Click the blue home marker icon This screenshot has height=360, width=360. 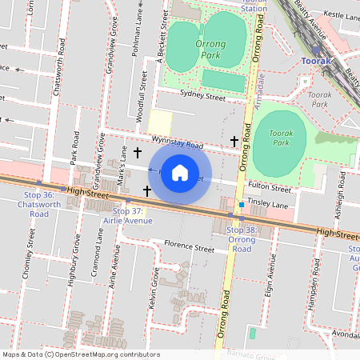point(180,173)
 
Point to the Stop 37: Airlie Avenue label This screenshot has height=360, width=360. point(127,215)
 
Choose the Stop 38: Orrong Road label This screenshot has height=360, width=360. point(242,239)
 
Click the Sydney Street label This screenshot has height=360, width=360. point(202,96)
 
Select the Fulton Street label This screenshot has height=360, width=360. point(269,189)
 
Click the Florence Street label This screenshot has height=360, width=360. point(190,247)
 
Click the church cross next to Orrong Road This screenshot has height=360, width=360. point(234,142)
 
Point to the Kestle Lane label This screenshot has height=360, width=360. point(342,15)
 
